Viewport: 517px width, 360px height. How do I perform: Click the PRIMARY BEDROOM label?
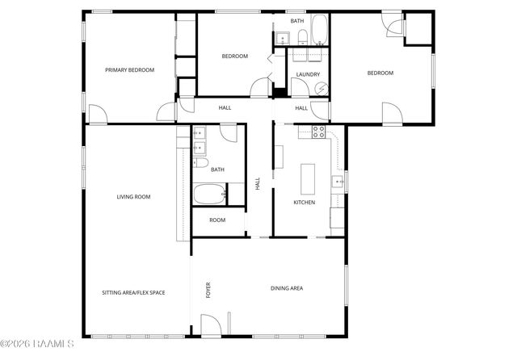click(x=129, y=70)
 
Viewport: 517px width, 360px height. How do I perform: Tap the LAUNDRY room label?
click(x=308, y=74)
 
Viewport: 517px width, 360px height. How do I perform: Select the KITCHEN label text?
click(x=304, y=203)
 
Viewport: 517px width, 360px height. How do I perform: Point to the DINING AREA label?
click(x=286, y=287)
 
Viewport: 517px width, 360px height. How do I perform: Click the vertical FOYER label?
click(x=208, y=290)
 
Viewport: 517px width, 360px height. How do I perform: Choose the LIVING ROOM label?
click(x=133, y=196)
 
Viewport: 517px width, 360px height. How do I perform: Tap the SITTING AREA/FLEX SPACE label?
click(x=133, y=292)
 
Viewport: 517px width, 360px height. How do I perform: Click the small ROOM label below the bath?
click(x=217, y=220)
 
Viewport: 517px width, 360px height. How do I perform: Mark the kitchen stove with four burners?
click(x=318, y=132)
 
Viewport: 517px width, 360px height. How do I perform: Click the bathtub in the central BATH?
click(x=210, y=194)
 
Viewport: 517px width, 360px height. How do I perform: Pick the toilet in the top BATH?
click(x=301, y=35)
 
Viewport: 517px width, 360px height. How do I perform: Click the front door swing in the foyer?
click(x=212, y=326)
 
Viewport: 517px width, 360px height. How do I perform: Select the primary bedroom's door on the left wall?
click(x=95, y=115)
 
